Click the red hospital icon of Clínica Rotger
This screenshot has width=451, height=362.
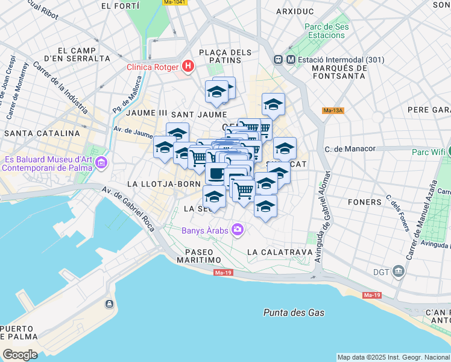point(188,66)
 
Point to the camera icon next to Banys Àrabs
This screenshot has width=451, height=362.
point(238,229)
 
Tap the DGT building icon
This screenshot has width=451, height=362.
point(398,271)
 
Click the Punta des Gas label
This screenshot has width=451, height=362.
point(294,313)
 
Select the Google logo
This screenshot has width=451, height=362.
point(20,355)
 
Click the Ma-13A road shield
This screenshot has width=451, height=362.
point(333,110)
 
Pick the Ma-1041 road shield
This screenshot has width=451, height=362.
point(175,2)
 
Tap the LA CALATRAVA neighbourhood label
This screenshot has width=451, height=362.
point(279,251)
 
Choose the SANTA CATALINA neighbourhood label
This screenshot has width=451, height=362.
point(42,133)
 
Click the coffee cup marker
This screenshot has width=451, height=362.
point(216,173)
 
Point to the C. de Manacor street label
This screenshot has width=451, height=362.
point(350,148)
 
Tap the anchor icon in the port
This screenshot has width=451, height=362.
point(109,303)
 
